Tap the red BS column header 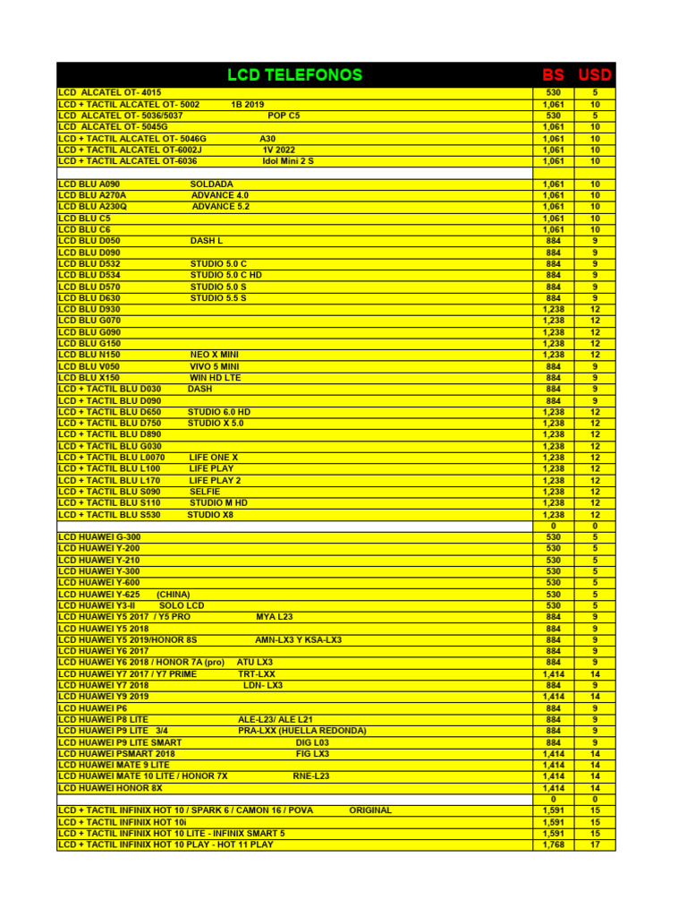pyautogui.click(x=554, y=74)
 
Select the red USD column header pyautogui.click(x=595, y=74)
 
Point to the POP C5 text pyautogui.click(x=284, y=116)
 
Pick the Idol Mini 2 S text pyautogui.click(x=288, y=161)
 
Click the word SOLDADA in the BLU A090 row pyautogui.click(x=212, y=184)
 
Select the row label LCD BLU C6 pyautogui.click(x=85, y=229)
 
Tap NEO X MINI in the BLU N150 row pyautogui.click(x=215, y=355)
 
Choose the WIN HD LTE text pyautogui.click(x=216, y=378)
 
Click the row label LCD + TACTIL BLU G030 pyautogui.click(x=110, y=446)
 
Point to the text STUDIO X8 pyautogui.click(x=210, y=515)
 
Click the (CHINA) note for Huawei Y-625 pyautogui.click(x=174, y=594)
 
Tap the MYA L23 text pyautogui.click(x=274, y=617)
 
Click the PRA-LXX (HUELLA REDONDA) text pyautogui.click(x=302, y=731)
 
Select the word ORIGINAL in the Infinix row pyautogui.click(x=370, y=810)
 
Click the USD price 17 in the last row pyautogui.click(x=595, y=844)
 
